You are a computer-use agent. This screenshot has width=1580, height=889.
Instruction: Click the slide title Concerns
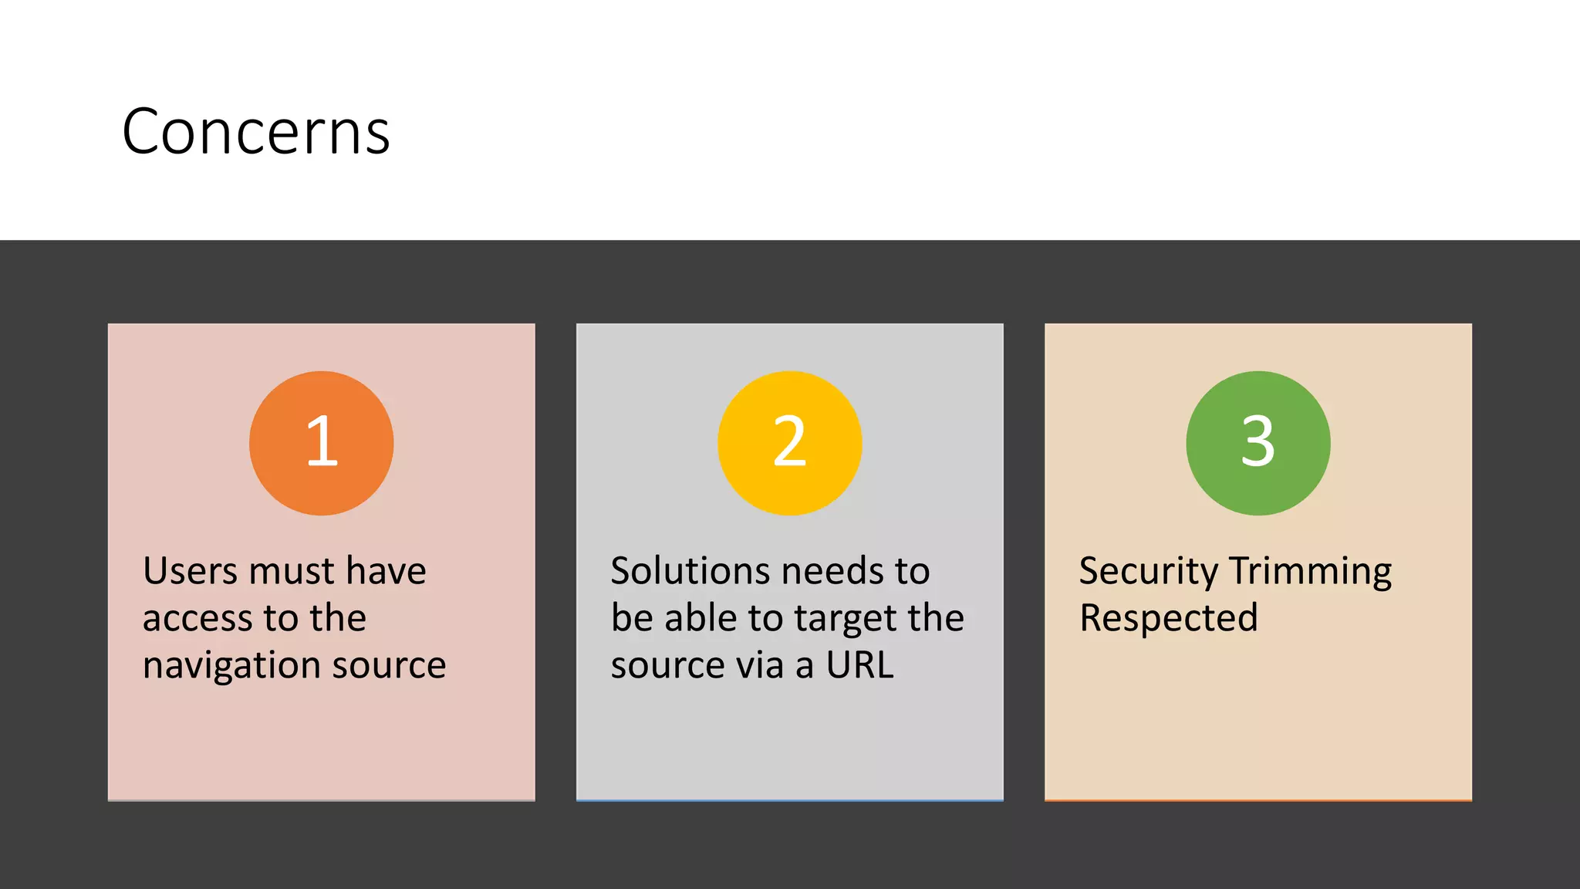pos(255,132)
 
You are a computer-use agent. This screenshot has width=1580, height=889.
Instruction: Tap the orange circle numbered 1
pos(321,443)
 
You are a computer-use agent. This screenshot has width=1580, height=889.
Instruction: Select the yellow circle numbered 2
pos(789,443)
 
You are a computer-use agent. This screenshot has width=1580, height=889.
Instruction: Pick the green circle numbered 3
pos(1258,443)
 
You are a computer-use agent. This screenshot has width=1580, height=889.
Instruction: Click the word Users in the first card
pos(190,572)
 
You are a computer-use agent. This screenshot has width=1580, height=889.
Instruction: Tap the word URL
pos(859,665)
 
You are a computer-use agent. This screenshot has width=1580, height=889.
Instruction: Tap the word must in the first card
pos(292,572)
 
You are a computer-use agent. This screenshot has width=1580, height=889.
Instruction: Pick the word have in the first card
pos(386,572)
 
